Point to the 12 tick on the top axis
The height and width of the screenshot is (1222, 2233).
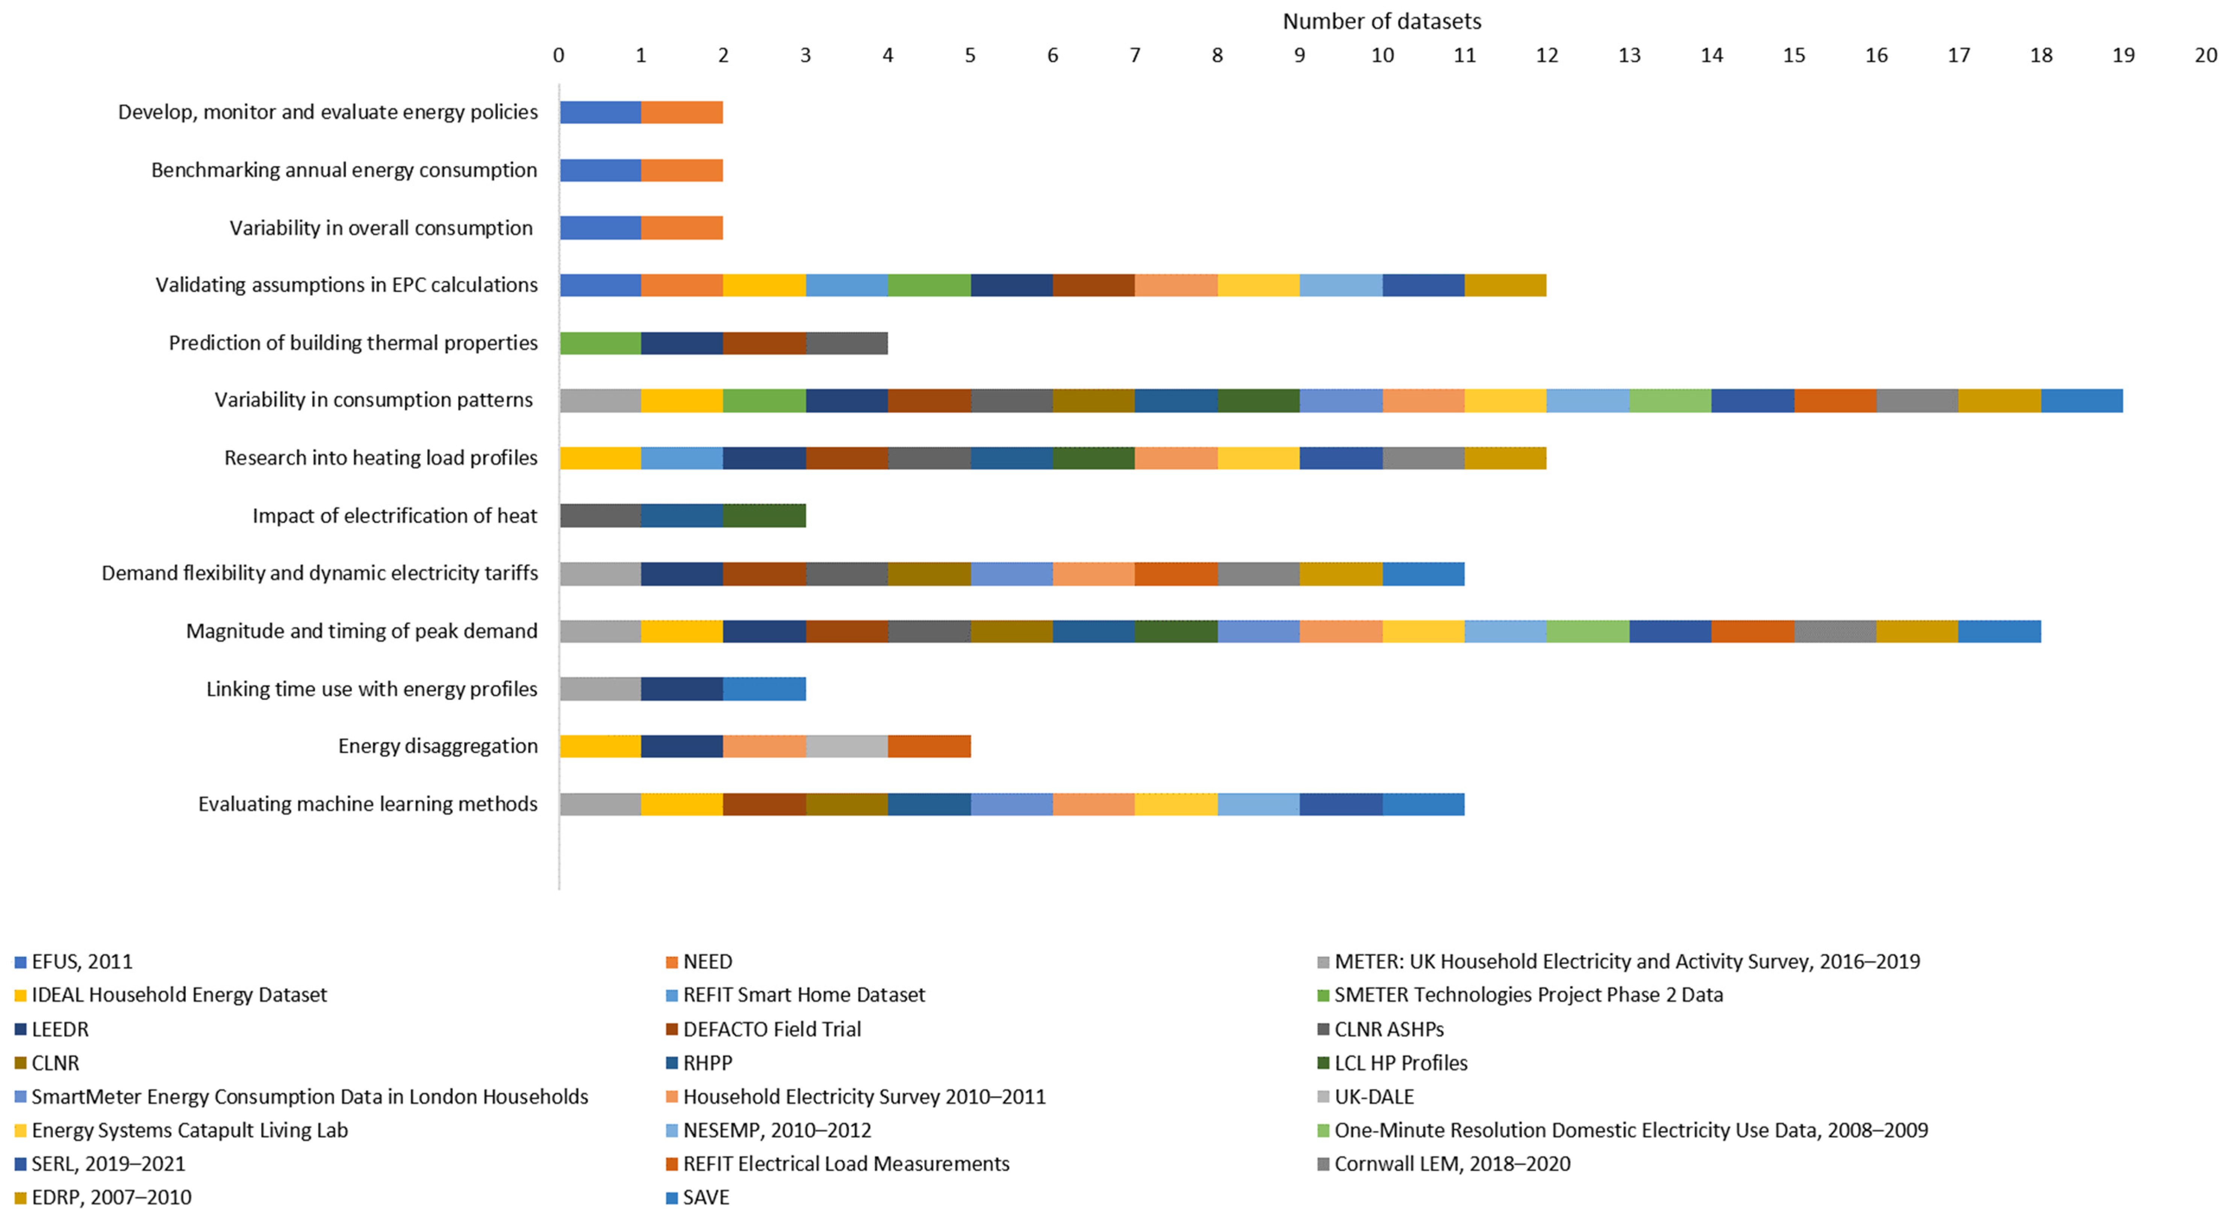pyautogui.click(x=1546, y=56)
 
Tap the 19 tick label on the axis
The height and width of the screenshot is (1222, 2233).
pyautogui.click(x=2123, y=56)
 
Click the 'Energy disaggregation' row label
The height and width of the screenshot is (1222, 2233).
pyautogui.click(x=438, y=746)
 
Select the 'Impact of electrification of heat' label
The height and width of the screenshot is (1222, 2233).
pyautogui.click(x=394, y=516)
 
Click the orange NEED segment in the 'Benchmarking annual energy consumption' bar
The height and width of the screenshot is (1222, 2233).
pyautogui.click(x=682, y=170)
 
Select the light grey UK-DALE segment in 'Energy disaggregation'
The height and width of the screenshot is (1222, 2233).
pyautogui.click(x=847, y=746)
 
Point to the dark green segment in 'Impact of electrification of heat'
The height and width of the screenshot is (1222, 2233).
pyautogui.click(x=765, y=516)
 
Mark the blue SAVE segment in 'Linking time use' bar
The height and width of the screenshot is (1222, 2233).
pyautogui.click(x=765, y=689)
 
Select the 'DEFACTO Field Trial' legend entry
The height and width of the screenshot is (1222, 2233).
pyautogui.click(x=772, y=1029)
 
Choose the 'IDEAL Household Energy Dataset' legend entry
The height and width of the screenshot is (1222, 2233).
pyautogui.click(x=179, y=995)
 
